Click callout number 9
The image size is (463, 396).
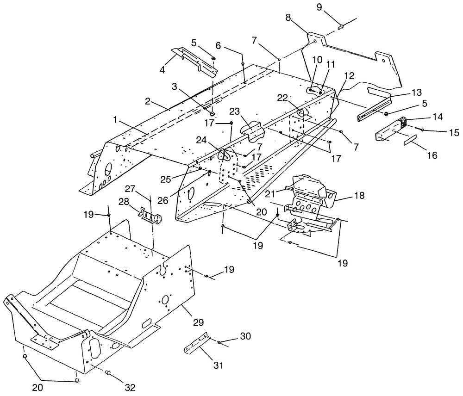coord(319,7)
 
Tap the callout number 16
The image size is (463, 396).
coord(432,155)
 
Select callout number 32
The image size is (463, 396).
coord(130,388)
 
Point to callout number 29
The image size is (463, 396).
coord(199,322)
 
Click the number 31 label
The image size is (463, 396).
coord(218,365)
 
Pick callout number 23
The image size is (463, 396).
coord(235,112)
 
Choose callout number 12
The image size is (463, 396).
coord(349,76)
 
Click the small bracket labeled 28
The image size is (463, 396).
coord(150,214)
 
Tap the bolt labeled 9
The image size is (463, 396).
coord(340,27)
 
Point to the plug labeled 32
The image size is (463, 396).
coord(108,374)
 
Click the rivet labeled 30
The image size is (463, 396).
coord(219,342)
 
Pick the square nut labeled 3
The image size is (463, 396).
coord(213,114)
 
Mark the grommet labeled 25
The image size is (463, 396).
coord(200,168)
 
